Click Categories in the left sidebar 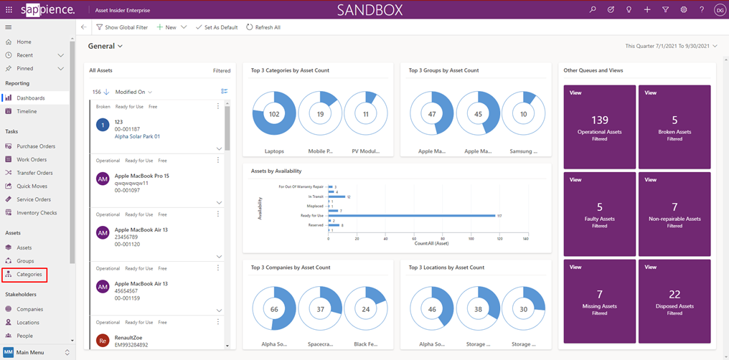click(29, 275)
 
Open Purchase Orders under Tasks click(36, 146)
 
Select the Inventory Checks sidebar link click(37, 212)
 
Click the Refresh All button click(263, 27)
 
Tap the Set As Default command click(217, 27)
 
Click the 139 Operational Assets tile click(600, 127)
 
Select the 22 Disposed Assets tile click(674, 301)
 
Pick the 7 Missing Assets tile click(600, 301)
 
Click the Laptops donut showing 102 click(274, 114)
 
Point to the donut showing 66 click(274, 309)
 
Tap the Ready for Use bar click(412, 215)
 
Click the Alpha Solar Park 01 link click(137, 136)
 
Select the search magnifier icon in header click(593, 10)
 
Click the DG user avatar click(720, 10)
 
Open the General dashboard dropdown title click(105, 46)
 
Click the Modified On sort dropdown click(133, 92)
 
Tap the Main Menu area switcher click(37, 352)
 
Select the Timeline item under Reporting click(27, 111)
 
